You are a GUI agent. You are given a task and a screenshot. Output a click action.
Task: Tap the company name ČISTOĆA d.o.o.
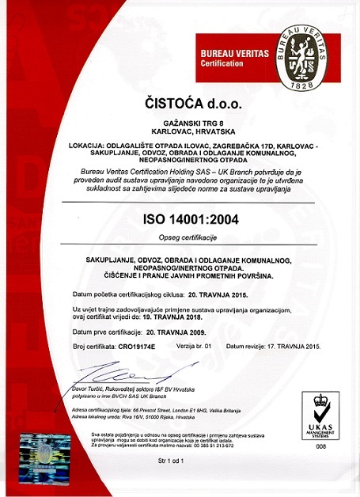180,104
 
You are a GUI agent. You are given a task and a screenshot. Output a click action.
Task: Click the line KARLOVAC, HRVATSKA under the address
181,134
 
